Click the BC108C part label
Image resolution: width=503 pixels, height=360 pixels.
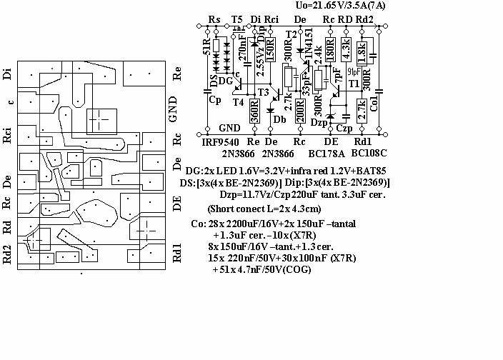coord(369,154)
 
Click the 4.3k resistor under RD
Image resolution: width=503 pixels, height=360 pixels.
coord(346,49)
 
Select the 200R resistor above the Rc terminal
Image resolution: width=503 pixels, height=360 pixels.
coord(299,112)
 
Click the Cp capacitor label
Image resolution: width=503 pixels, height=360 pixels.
coord(214,100)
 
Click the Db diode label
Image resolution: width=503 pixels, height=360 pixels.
coord(279,119)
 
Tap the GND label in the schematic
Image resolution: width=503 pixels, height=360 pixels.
coord(229,128)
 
